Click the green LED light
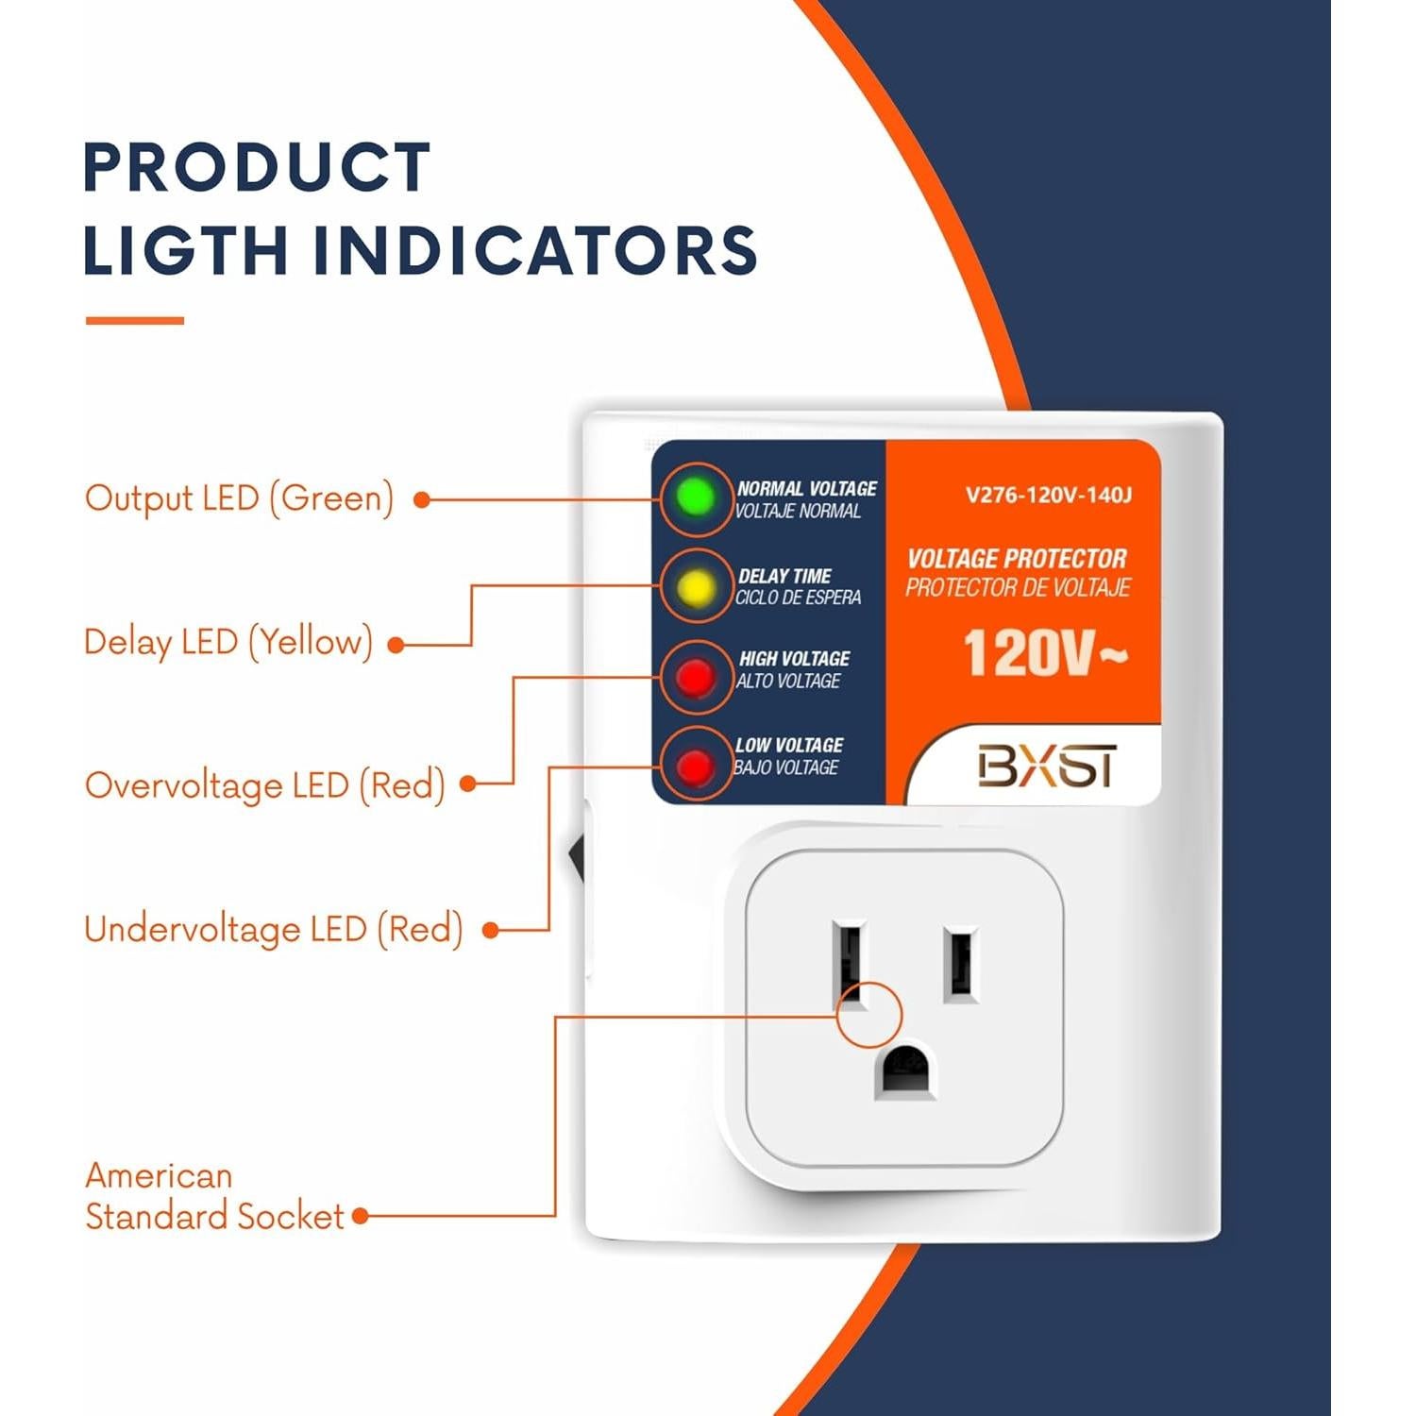click(x=696, y=497)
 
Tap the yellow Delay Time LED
click(x=696, y=587)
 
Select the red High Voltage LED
click(x=696, y=676)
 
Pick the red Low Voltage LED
click(x=696, y=766)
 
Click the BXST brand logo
click(x=1046, y=766)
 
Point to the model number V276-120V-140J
click(x=1048, y=495)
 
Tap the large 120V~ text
click(x=1044, y=653)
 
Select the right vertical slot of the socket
click(x=959, y=965)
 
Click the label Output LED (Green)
click(x=239, y=498)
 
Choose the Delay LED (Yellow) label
click(x=228, y=642)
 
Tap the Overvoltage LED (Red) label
click(x=264, y=785)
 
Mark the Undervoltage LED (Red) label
click(x=273, y=929)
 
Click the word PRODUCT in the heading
click(x=257, y=167)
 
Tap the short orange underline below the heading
click(x=134, y=321)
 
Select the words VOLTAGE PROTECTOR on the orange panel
click(x=1017, y=559)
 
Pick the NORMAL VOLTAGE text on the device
click(x=806, y=488)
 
